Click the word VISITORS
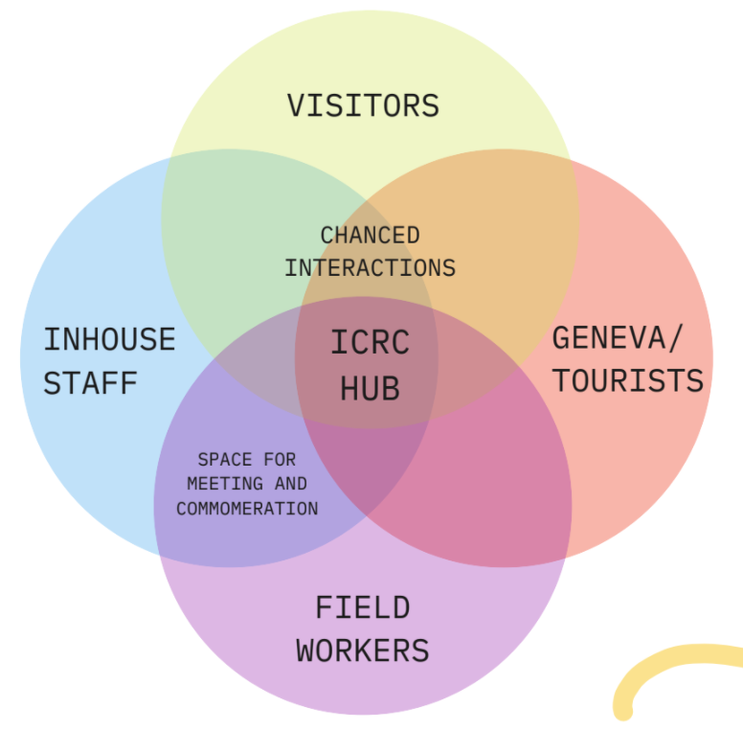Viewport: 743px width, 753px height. click(363, 104)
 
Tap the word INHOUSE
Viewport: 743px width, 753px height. click(109, 339)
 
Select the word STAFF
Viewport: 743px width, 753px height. click(91, 382)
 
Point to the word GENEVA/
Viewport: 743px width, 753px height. click(619, 337)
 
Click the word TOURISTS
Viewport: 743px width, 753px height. click(628, 380)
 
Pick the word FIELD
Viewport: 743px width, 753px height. click(363, 607)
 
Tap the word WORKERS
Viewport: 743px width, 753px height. click(363, 650)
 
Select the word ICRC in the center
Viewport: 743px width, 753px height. click(370, 342)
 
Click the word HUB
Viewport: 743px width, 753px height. click(370, 388)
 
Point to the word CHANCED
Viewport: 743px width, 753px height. click(370, 235)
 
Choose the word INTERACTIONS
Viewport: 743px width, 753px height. click(370, 267)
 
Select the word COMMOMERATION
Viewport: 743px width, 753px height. click(247, 509)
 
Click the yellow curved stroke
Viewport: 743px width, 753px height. click(670, 661)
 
